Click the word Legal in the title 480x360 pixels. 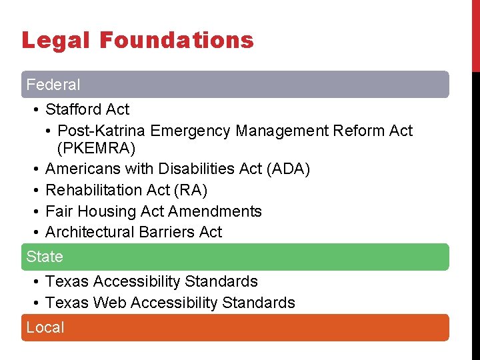pos(55,41)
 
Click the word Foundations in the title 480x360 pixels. pos(177,41)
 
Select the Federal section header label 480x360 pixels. pos(53,85)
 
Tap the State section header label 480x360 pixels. pos(45,257)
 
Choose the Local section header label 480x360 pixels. pos(45,327)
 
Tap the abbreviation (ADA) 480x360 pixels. pos(288,169)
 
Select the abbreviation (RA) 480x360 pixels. pos(191,191)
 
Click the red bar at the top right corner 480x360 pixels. pos(475,33)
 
